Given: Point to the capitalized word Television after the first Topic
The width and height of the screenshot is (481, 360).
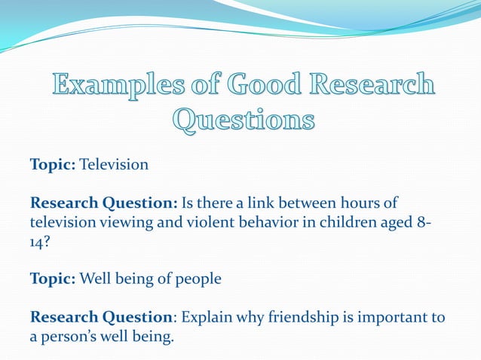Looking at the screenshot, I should pyautogui.click(x=114, y=164).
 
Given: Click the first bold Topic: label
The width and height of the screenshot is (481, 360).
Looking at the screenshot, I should pyautogui.click(x=53, y=164).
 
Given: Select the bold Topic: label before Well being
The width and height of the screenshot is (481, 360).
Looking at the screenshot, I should pyautogui.click(x=53, y=279).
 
